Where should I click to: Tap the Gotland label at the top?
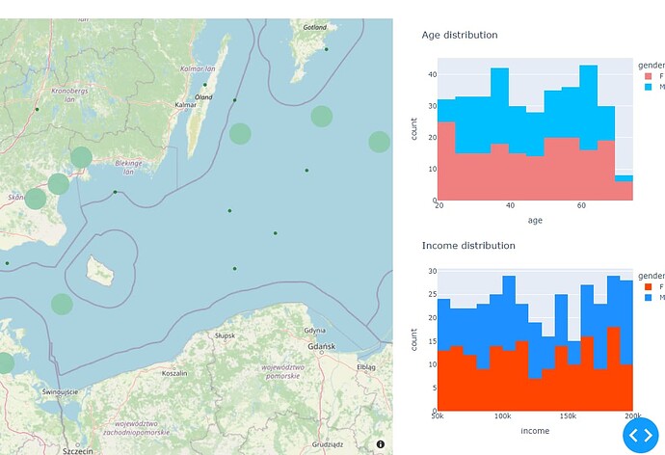315,27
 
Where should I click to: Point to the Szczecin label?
76,450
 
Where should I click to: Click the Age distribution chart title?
460,35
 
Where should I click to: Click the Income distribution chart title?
468,246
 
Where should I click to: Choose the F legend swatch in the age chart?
648,75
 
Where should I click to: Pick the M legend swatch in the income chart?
648,298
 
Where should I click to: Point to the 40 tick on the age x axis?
510,206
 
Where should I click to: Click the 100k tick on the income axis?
502,416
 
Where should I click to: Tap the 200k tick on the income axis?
632,416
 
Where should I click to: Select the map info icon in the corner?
381,444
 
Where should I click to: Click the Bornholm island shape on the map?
100,270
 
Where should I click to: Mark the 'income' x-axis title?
535,430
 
